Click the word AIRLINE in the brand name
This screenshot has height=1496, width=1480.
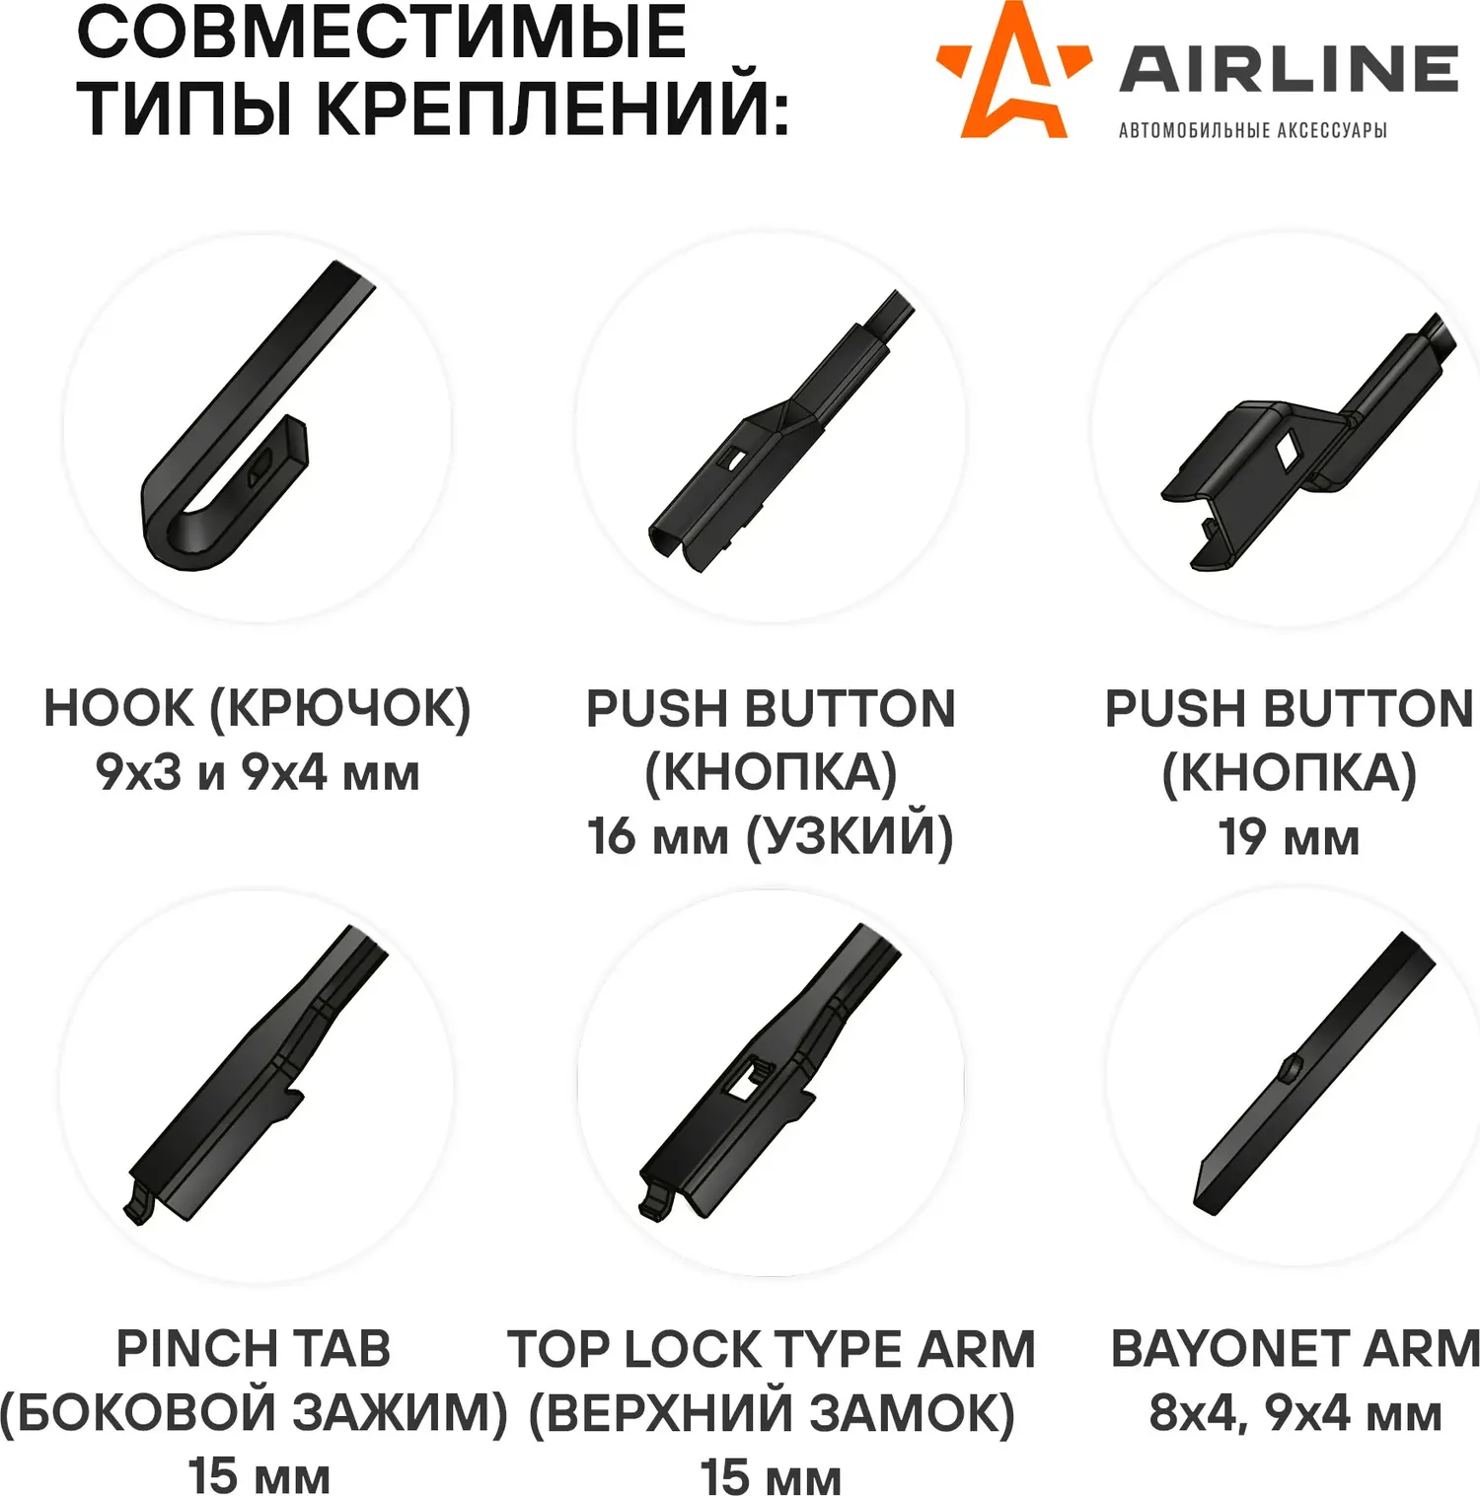(x=1289, y=69)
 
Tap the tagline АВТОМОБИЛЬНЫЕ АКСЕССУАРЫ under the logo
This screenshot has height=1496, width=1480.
(x=1252, y=130)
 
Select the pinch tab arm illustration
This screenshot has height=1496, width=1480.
(x=256, y=1075)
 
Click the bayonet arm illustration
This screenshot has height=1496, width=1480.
(x=1313, y=1073)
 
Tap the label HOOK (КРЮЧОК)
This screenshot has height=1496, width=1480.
(x=258, y=709)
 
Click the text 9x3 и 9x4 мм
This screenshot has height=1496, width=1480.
(x=258, y=772)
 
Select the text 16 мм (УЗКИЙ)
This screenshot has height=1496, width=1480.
(x=771, y=836)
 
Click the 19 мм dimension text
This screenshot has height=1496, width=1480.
(x=1289, y=837)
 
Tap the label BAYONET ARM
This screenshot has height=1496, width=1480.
(x=1295, y=1348)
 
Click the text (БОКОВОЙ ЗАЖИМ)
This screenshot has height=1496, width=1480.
(x=254, y=1412)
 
